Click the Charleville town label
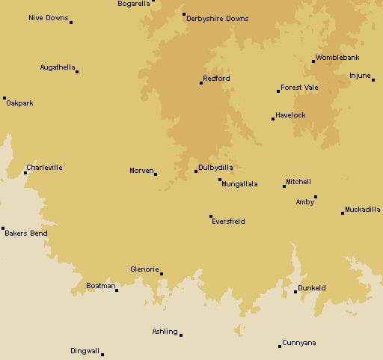pyautogui.click(x=44, y=168)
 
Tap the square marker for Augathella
pyautogui.click(x=77, y=71)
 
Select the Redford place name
pyautogui.click(x=216, y=79)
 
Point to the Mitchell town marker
pyautogui.click(x=284, y=186)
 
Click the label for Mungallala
pyautogui.click(x=239, y=184)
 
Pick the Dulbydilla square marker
pyautogui.click(x=196, y=171)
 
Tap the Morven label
pyautogui.click(x=141, y=171)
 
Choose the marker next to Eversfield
pyautogui.click(x=211, y=217)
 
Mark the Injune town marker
pyautogui.click(x=373, y=80)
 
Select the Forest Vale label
pyautogui.click(x=299, y=88)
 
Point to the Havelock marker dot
pyautogui.click(x=273, y=118)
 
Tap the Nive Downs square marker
pyautogui.click(x=71, y=22)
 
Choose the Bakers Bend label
pyautogui.click(x=26, y=234)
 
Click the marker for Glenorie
pyautogui.click(x=162, y=274)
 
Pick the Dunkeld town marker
pyautogui.click(x=295, y=292)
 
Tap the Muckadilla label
pyautogui.click(x=363, y=210)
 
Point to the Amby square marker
pyautogui.click(x=316, y=198)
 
